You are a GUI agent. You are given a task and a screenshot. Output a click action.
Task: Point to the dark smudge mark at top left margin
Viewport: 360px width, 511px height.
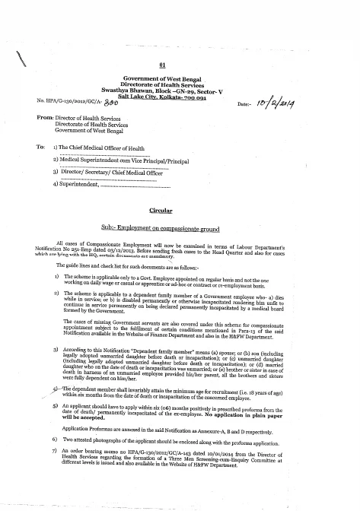point(16,55)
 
